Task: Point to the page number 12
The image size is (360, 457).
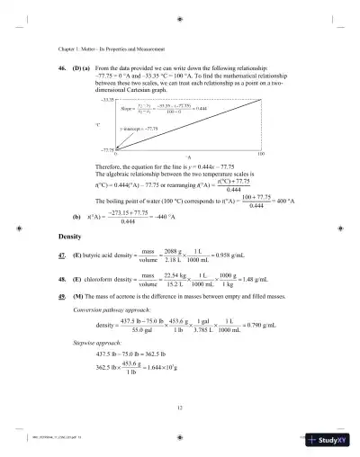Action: coord(180,408)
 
